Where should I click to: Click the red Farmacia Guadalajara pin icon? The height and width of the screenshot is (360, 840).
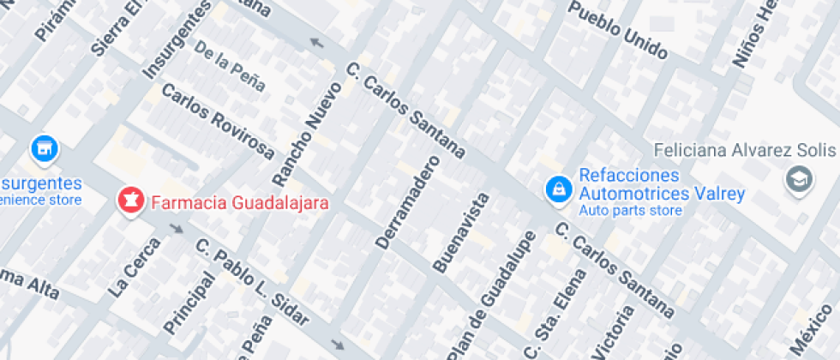coord(130,202)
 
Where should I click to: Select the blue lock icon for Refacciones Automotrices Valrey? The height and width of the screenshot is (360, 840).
coord(558,189)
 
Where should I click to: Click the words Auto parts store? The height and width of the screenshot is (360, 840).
coord(630,211)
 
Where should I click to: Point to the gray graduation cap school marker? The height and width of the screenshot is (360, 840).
coord(799,179)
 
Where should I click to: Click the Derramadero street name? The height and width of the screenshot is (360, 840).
coord(407,202)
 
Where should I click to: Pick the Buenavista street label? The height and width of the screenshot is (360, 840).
coord(460,232)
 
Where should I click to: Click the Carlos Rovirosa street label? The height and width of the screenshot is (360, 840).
coord(218,122)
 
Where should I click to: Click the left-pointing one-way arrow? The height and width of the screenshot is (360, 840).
coord(317,43)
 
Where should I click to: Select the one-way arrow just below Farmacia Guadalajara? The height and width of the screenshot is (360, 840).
coord(177,229)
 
